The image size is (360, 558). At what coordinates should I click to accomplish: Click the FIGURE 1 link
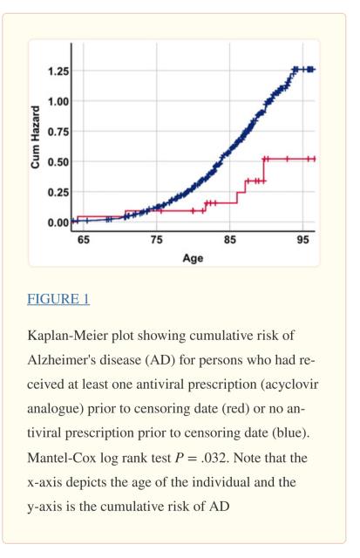pyautogui.click(x=58, y=299)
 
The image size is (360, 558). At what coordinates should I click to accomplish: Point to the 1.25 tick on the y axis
pyautogui.click(x=59, y=70)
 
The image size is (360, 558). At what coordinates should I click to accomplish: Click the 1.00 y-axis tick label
pyautogui.click(x=59, y=100)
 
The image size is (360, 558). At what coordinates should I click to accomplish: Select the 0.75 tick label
pyautogui.click(x=59, y=131)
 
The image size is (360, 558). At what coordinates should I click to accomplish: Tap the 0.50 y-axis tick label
pyautogui.click(x=59, y=161)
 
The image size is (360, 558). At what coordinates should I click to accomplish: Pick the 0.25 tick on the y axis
pyautogui.click(x=59, y=192)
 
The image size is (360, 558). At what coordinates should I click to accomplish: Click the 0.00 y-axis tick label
pyautogui.click(x=59, y=221)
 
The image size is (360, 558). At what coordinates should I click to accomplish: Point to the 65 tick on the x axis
pyautogui.click(x=83, y=240)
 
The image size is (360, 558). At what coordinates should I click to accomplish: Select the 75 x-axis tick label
pyautogui.click(x=156, y=240)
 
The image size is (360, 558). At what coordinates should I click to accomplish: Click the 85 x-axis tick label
pyautogui.click(x=229, y=240)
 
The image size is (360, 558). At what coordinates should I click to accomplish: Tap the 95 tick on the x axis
pyautogui.click(x=302, y=240)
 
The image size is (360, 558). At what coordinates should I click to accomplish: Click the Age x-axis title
pyautogui.click(x=193, y=258)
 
